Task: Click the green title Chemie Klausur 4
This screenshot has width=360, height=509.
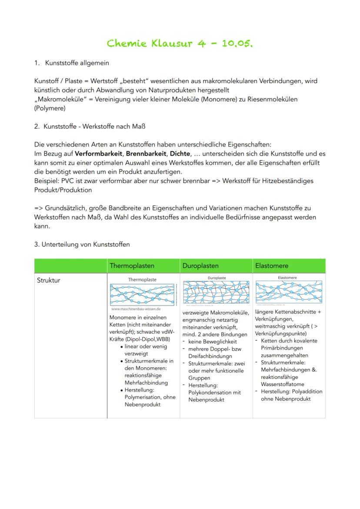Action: [x=180, y=43]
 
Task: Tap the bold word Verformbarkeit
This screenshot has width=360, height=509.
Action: [x=98, y=153]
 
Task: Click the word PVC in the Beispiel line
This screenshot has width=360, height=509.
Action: [x=67, y=181]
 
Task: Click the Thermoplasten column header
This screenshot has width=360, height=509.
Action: [x=132, y=266]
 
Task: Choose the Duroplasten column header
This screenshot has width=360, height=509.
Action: [x=200, y=266]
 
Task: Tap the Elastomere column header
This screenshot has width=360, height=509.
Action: [x=272, y=266]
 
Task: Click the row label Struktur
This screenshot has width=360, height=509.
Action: [x=49, y=280]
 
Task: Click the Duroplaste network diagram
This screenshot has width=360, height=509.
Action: [x=216, y=292]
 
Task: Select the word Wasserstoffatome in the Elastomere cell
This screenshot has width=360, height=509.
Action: [x=283, y=384]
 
